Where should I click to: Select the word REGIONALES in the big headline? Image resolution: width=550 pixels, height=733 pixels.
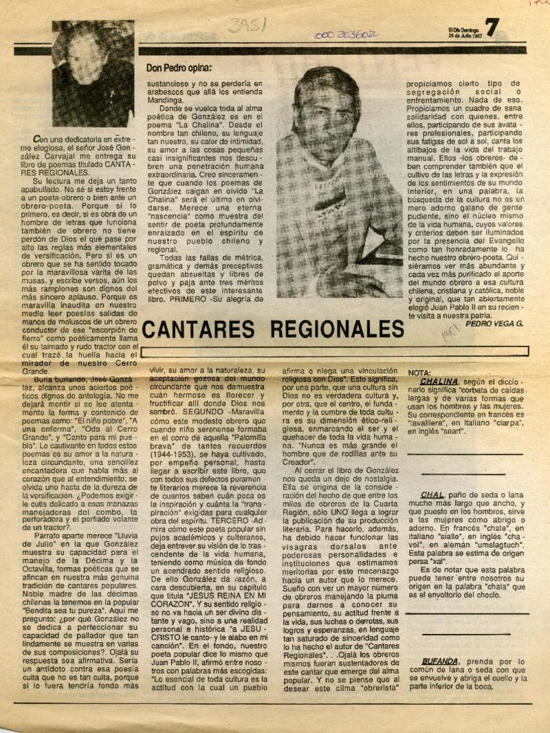[x=338, y=328]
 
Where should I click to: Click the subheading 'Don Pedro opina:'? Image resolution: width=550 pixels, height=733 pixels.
[x=179, y=67]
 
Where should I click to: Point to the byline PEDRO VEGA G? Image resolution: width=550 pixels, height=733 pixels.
[x=494, y=322]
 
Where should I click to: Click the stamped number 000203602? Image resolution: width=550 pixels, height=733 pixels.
[x=345, y=34]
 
